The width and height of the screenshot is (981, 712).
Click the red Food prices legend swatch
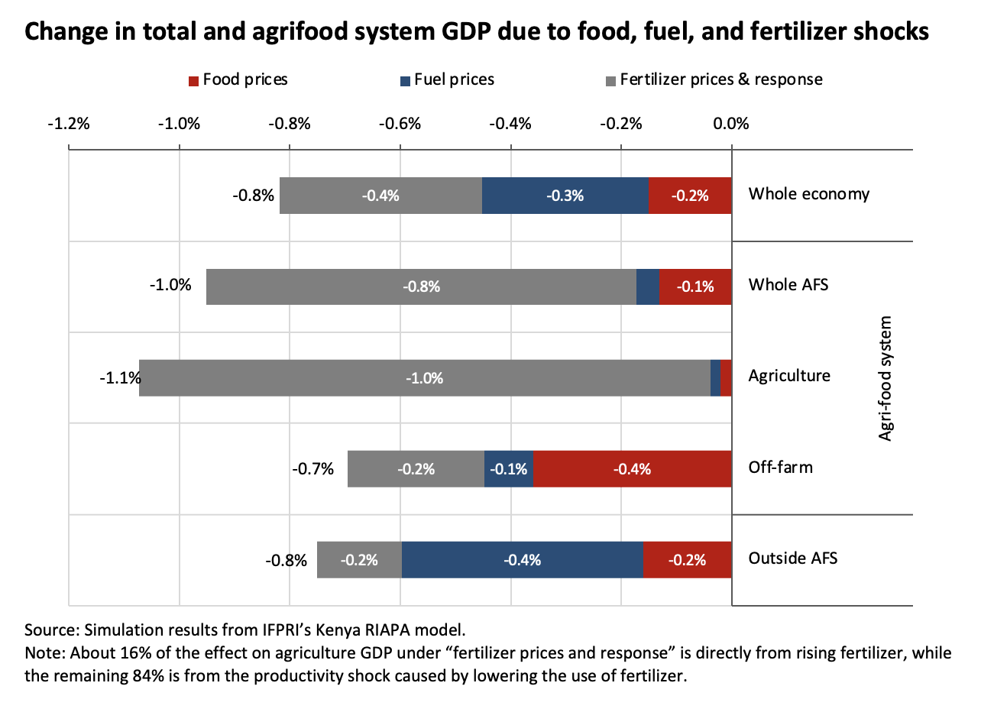194,80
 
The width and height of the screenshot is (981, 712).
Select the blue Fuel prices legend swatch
405,80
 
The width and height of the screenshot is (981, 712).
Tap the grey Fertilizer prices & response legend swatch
610,80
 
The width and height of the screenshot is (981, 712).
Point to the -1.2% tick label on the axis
70,124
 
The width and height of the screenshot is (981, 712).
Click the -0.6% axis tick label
400,124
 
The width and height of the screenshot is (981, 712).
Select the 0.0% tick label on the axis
731,124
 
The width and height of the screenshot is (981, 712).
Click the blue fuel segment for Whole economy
565,196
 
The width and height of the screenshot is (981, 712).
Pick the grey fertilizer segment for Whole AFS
421,286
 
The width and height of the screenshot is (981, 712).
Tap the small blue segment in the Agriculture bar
715,377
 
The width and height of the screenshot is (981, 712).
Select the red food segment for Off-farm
632,469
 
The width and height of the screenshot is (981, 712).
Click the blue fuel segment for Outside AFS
522,560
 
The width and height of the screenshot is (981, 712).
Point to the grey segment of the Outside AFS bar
359,560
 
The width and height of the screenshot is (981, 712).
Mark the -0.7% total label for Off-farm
313,469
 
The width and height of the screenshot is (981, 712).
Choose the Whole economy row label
808,194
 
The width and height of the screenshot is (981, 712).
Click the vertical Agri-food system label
885,377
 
